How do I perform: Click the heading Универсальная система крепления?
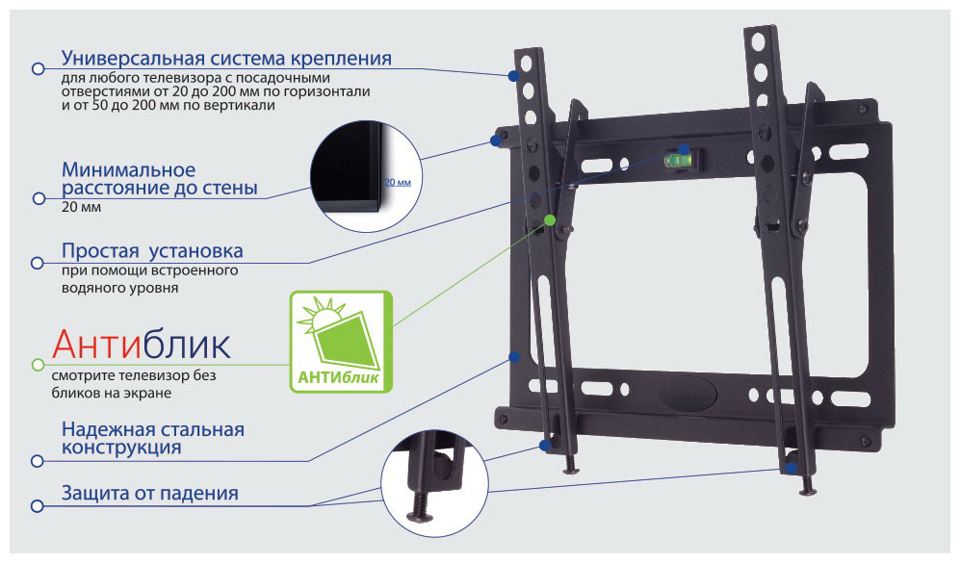point(226,58)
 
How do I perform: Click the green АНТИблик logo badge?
point(341,342)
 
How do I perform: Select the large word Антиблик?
point(142,345)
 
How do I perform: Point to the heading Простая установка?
point(152,250)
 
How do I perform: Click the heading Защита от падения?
point(149,493)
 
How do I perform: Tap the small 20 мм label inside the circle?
point(398,182)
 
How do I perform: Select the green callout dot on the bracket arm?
point(549,219)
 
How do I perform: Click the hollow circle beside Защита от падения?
point(38,506)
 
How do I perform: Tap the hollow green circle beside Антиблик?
point(38,365)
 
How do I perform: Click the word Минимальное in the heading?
point(129,169)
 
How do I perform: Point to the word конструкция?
point(121,448)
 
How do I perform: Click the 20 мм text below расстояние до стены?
point(81,207)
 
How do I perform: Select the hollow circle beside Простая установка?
point(38,263)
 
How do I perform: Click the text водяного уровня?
point(119,288)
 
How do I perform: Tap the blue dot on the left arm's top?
point(513,76)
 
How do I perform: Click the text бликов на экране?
point(112,393)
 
